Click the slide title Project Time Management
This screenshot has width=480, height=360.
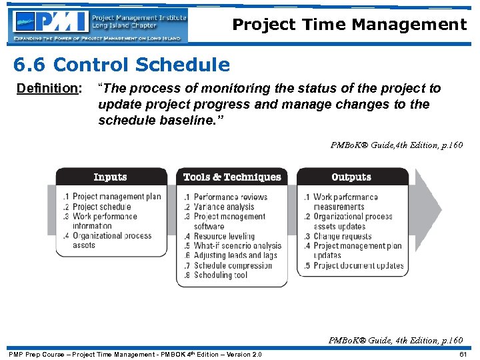pos(349,25)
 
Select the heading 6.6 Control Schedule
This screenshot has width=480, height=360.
pos(121,65)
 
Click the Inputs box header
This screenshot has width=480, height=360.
pos(111,177)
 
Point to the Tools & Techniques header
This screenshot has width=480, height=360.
pos(232,177)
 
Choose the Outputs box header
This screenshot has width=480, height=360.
pos(351,177)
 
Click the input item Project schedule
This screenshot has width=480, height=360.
pos(101,207)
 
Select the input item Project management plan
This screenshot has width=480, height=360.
pos(117,197)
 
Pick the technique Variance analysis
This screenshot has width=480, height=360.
pos(224,207)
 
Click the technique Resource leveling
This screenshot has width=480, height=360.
pos(224,236)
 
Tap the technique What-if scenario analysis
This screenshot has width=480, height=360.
pos(237,246)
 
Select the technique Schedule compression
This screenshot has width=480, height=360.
pos(233,265)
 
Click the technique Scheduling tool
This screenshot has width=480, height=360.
pos(220,275)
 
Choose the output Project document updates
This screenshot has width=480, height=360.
pos(358,265)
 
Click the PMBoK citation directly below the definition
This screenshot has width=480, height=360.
pos(397,145)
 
